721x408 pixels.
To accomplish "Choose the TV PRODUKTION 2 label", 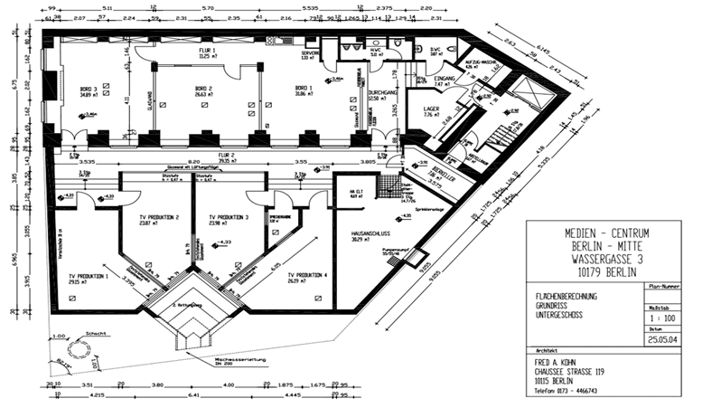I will [x=158, y=218].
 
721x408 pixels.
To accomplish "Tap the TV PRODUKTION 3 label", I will [x=229, y=218].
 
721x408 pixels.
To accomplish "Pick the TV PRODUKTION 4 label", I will [x=307, y=275].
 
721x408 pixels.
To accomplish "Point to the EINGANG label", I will [x=444, y=80].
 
